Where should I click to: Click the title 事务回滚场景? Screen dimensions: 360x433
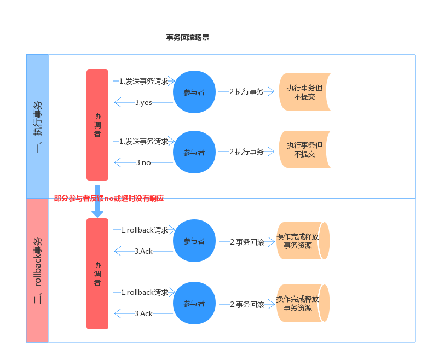pos(187,38)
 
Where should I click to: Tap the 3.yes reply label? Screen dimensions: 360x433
pos(143,102)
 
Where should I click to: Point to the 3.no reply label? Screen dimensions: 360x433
pos(143,162)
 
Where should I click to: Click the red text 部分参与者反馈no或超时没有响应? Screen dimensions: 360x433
pos(109,199)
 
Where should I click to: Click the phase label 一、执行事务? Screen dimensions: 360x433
pos(37,126)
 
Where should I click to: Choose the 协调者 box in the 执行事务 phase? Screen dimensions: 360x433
pos(97,125)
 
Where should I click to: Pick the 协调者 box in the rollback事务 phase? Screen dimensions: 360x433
pos(97,274)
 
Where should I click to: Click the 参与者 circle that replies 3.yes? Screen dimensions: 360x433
pos(194,92)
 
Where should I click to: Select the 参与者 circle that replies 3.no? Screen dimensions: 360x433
pos(194,152)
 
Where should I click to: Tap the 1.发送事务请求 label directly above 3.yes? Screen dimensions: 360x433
pos(144,81)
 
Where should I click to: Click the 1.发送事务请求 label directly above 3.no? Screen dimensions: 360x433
pos(144,141)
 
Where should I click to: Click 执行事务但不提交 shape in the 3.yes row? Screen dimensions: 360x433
pos(304,92)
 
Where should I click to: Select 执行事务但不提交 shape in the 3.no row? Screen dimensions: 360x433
pos(304,149)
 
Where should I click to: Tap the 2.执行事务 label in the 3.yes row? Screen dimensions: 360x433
pos(246,92)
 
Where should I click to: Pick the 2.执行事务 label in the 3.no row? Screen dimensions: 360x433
pos(246,152)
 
